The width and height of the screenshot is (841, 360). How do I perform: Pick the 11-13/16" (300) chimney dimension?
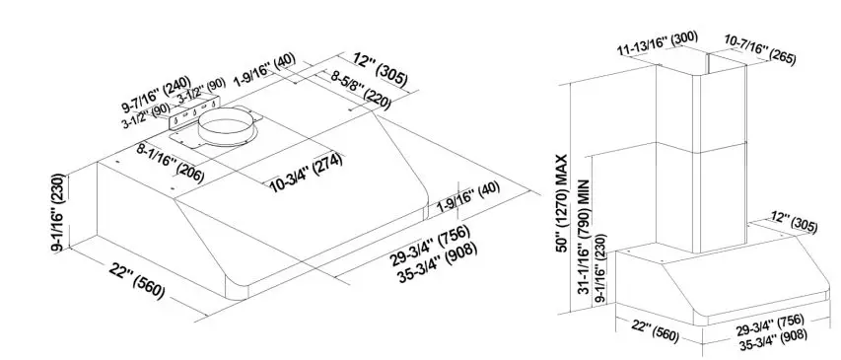click(x=657, y=43)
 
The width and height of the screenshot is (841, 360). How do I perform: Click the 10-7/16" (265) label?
click(x=760, y=45)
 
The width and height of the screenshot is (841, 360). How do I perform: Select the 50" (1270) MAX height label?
click(x=562, y=198)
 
